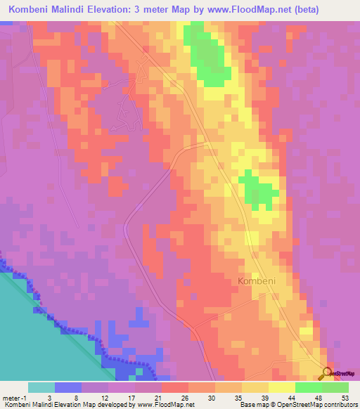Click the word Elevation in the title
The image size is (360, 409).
pos(134,10)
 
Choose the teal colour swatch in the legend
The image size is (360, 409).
pos(41,387)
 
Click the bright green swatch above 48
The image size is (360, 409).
pos(309,387)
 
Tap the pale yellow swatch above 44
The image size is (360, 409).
pos(282,387)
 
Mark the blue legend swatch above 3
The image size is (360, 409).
pos(68,387)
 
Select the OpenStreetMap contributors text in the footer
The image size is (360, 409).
pos(309,405)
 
